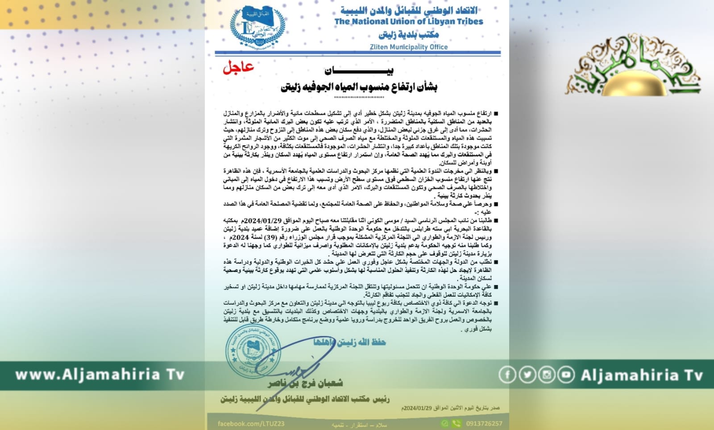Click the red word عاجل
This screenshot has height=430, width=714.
coord(238,67)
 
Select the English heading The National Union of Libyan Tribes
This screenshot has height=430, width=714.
coord(408,21)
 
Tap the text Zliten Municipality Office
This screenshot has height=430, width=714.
coord(408,47)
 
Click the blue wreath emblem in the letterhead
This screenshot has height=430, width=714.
coord(257,27)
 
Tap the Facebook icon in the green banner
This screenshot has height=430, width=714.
coord(507,375)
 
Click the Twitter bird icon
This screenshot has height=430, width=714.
coord(527,375)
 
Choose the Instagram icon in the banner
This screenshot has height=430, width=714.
coord(547,375)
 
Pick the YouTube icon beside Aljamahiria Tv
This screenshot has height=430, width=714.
coord(566,375)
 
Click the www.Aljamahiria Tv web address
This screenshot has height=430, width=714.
coord(100,375)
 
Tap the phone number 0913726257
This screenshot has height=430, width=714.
coord(484,423)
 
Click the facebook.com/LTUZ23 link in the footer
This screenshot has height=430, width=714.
coord(251,423)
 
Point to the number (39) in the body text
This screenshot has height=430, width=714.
coord(270,237)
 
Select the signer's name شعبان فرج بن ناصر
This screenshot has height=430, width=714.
coord(305,383)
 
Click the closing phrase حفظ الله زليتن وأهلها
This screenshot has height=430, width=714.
coord(349,342)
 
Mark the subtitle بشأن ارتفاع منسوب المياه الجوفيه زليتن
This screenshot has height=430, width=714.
coord(359,87)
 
